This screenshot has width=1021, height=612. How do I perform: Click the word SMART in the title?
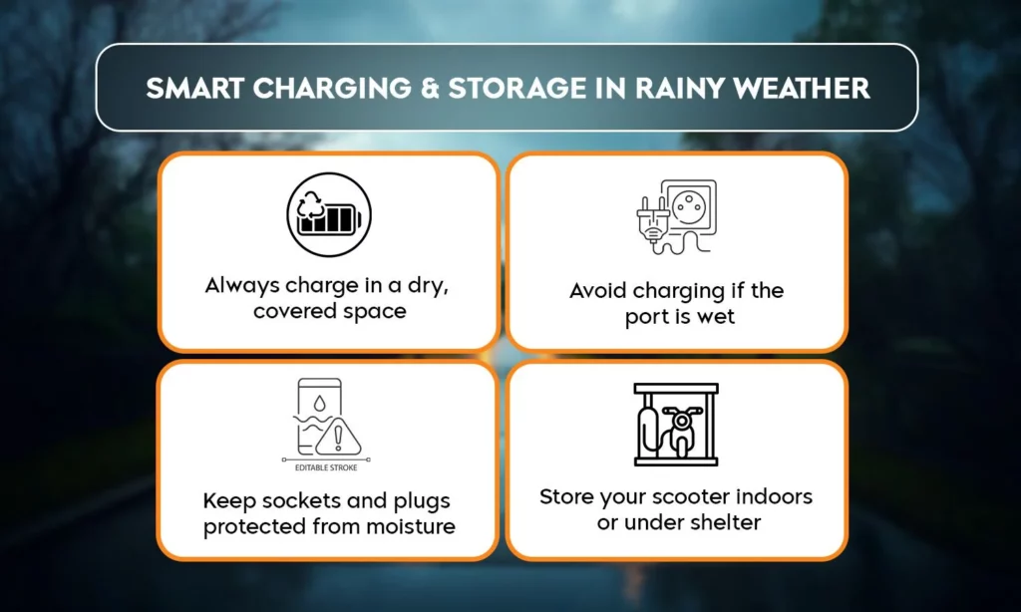(x=194, y=89)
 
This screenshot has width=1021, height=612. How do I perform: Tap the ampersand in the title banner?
(x=430, y=89)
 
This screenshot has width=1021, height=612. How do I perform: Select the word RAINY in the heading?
(x=678, y=89)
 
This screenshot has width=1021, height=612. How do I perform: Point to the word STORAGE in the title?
(x=517, y=89)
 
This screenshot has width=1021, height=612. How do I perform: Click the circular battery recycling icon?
(x=329, y=214)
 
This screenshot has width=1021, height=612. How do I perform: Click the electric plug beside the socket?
(x=653, y=219)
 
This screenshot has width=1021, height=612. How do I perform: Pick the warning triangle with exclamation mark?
(x=338, y=437)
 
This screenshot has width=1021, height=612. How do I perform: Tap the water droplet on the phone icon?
(x=319, y=404)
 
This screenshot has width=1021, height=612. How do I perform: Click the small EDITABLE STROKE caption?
(x=326, y=467)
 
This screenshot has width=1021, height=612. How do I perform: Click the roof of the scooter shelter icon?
(x=676, y=389)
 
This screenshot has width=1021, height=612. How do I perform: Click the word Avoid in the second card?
(x=598, y=290)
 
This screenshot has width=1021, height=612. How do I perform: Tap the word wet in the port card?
(x=716, y=317)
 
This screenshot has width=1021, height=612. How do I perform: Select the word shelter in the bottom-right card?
(x=728, y=522)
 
